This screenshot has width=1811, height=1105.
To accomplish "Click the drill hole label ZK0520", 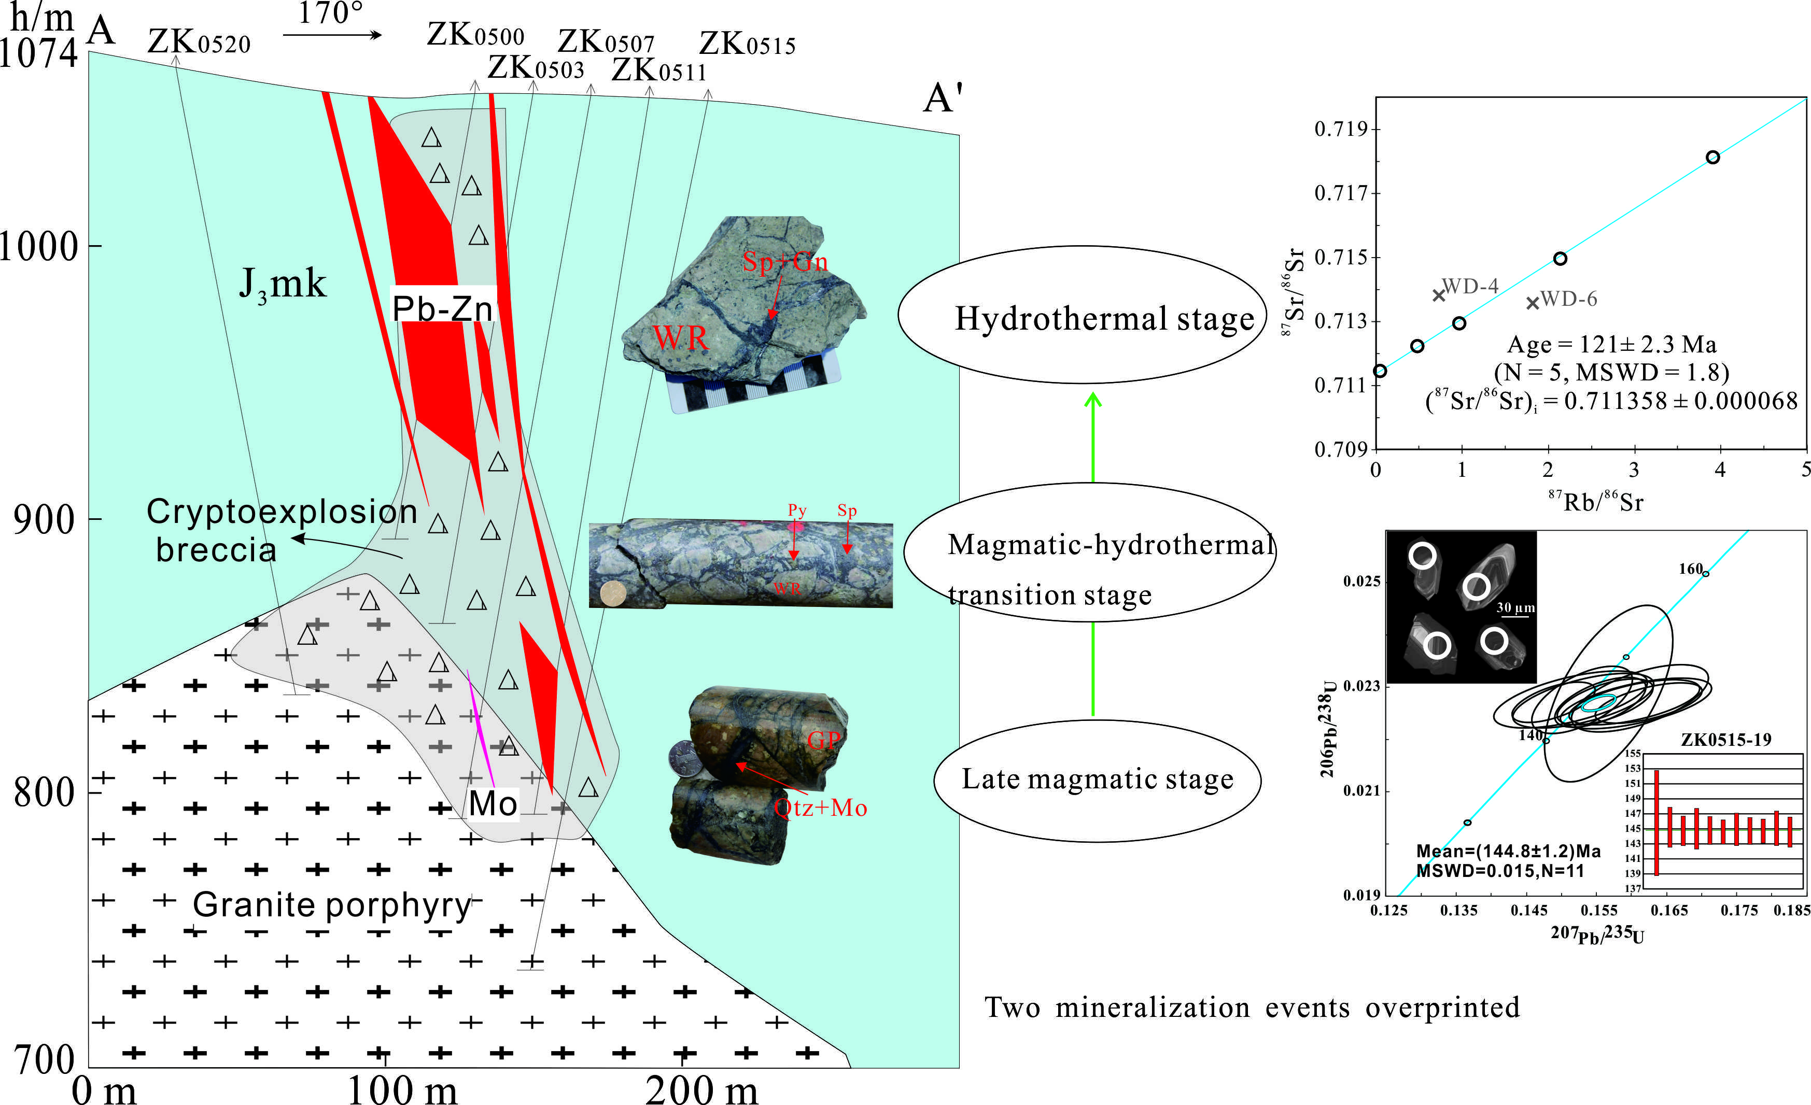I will click(199, 42).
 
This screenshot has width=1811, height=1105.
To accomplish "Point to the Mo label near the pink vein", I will click(493, 804).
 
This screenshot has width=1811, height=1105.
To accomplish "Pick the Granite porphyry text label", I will click(331, 904).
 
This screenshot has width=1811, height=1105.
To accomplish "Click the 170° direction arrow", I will click(332, 34).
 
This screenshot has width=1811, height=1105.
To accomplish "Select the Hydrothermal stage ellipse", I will click(1083, 315).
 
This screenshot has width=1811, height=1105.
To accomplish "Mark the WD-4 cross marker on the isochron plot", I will click(1439, 295).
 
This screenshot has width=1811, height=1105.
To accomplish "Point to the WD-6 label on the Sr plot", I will click(1568, 299).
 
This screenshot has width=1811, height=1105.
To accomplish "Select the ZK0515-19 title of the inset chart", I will click(1726, 739).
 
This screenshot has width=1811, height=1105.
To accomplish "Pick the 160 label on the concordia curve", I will click(1691, 569).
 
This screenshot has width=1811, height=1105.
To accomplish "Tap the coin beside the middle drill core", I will click(612, 593).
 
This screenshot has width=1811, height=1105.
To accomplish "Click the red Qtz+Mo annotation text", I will click(820, 808).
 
